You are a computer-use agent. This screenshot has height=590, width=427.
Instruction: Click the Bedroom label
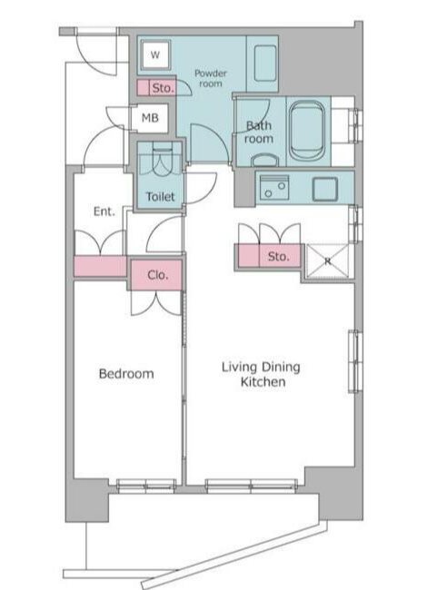click(x=126, y=374)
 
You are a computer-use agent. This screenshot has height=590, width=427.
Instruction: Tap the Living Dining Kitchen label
click(x=261, y=374)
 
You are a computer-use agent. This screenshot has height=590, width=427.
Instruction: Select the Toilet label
click(x=161, y=196)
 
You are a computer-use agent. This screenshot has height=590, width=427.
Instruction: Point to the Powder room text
click(x=211, y=78)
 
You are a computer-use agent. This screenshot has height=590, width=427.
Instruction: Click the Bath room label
click(x=259, y=133)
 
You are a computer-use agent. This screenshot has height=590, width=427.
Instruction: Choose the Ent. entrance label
click(x=104, y=211)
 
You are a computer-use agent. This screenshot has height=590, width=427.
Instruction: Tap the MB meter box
click(x=150, y=118)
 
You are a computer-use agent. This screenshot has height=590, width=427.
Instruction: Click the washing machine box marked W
click(x=155, y=54)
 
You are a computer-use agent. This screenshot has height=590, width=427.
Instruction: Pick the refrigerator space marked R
click(x=328, y=261)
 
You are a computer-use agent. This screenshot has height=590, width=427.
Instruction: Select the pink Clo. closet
click(x=156, y=275)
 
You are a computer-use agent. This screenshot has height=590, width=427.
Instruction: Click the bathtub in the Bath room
click(x=307, y=131)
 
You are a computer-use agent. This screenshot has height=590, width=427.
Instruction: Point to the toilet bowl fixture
click(x=163, y=160)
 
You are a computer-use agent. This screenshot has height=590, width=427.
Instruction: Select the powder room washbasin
click(x=265, y=64)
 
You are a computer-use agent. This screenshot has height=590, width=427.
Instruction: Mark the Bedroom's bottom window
click(x=146, y=486)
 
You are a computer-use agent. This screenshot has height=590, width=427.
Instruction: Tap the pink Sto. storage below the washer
click(x=156, y=88)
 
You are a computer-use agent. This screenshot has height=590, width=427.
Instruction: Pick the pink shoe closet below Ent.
click(x=101, y=266)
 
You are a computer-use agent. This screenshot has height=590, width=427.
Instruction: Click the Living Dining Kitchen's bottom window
click(x=251, y=486)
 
